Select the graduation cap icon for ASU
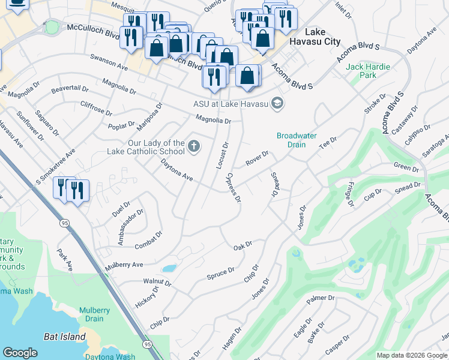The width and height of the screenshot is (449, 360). pyautogui.click(x=277, y=104)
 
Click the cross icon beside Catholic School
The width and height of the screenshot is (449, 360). pyautogui.click(x=193, y=146)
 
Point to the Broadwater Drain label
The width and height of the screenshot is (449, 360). pyautogui.click(x=297, y=140)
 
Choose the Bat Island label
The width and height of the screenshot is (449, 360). pyautogui.click(x=65, y=337)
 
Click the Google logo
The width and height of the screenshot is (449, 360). pyautogui.click(x=20, y=352)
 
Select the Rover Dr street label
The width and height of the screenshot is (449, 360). pyautogui.click(x=256, y=160)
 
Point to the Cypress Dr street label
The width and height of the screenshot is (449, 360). pyautogui.click(x=234, y=188)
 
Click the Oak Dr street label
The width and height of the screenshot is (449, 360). pyautogui.click(x=242, y=246)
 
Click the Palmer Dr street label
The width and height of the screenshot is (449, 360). pyautogui.click(x=321, y=298)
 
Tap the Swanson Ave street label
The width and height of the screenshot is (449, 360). pyautogui.click(x=109, y=64)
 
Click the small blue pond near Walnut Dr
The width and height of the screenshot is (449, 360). pyautogui.click(x=169, y=268)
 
